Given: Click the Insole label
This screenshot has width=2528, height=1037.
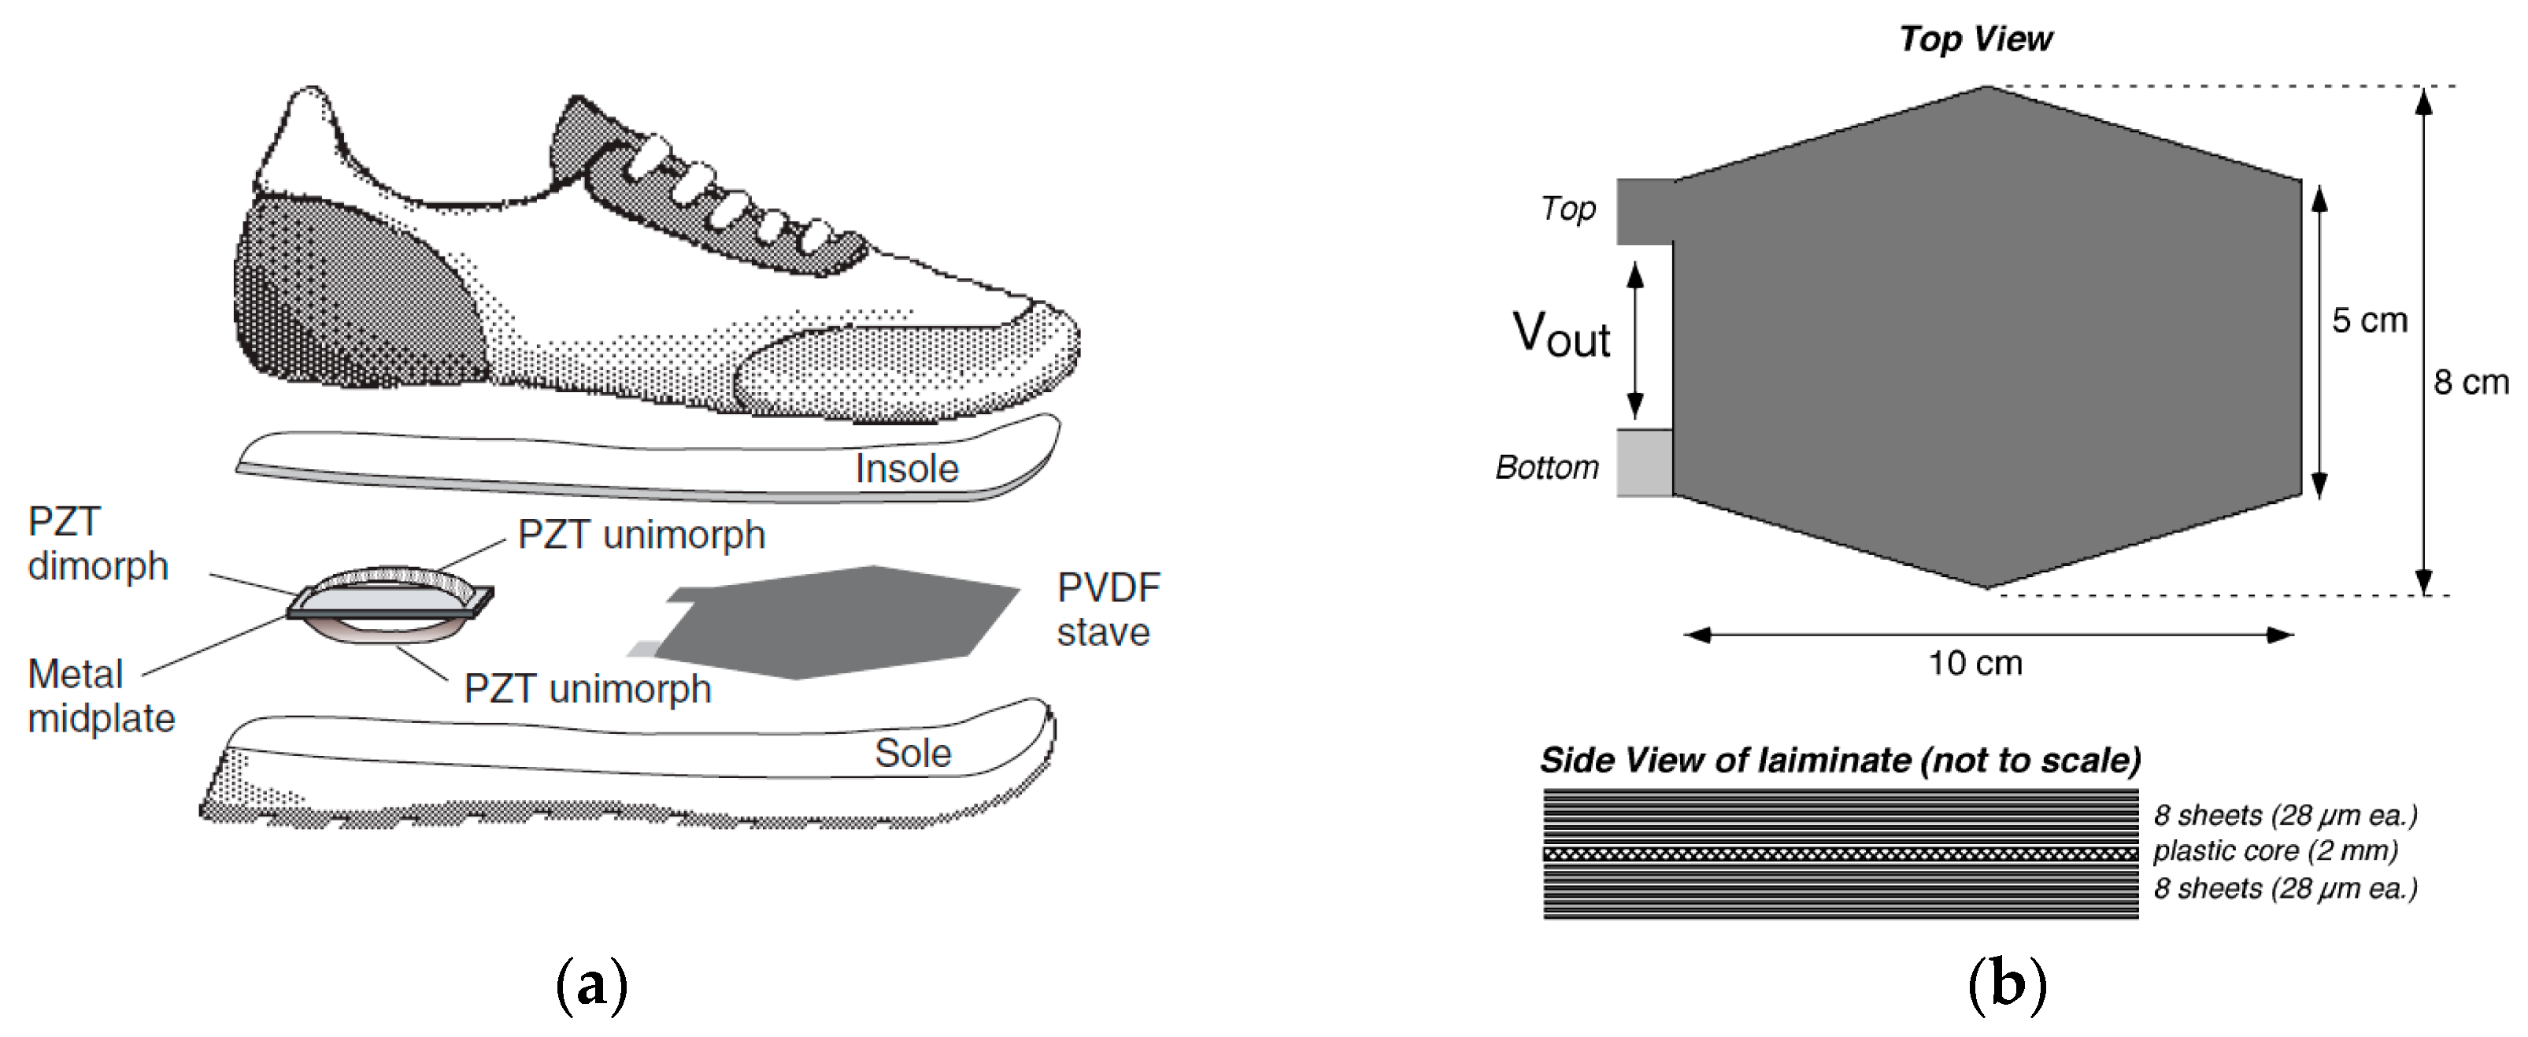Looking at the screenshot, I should (906, 469).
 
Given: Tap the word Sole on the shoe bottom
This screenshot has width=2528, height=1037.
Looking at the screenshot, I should (912, 754).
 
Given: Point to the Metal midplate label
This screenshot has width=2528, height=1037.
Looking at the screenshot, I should (100, 697).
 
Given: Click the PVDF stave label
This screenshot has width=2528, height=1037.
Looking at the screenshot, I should (1108, 610).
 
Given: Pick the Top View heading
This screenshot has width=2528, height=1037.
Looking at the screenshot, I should (1975, 39).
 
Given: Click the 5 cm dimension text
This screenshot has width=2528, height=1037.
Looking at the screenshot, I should (2369, 320).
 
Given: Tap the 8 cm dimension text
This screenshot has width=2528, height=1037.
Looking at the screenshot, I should (2470, 382).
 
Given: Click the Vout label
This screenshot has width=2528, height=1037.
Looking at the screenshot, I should (1560, 335).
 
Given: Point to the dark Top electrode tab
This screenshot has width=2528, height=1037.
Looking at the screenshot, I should (1645, 211).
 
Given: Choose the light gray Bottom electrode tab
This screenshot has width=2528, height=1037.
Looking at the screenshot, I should (1645, 463).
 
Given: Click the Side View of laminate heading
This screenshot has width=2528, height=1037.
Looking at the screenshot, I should (1840, 761).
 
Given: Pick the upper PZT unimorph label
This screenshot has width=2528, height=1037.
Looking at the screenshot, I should (641, 535).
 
